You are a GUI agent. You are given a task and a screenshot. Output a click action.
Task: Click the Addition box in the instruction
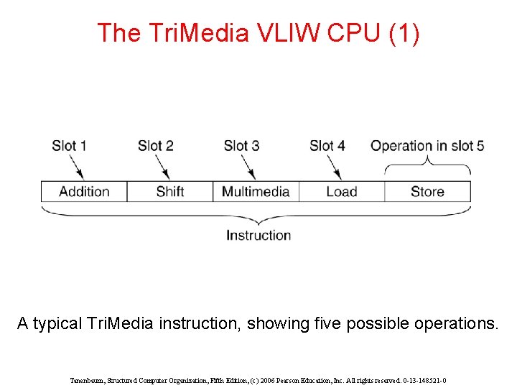pos(84,192)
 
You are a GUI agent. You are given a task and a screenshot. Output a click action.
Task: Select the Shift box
pos(170,192)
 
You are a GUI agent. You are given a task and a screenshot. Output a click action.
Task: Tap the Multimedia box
pos(256,192)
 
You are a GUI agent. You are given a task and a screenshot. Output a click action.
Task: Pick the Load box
pos(342,192)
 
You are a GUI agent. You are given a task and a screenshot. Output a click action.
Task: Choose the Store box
pos(427,192)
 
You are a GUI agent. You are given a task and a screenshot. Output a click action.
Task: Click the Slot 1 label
pos(69,146)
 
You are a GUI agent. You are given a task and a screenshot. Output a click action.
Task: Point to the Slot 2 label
pos(155,146)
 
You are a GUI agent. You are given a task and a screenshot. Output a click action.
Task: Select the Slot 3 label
pos(241,146)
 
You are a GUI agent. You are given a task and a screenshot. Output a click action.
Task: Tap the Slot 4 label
pos(327,146)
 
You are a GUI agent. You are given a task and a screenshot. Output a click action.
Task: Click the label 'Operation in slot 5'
pos(427,146)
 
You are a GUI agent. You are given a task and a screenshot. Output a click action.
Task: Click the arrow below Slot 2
pos(164,167)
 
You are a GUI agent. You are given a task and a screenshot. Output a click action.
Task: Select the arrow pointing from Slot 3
pos(249,167)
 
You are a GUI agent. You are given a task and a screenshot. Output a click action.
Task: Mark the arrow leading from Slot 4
pos(335,167)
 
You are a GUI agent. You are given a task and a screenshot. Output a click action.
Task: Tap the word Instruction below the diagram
pos(258,236)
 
